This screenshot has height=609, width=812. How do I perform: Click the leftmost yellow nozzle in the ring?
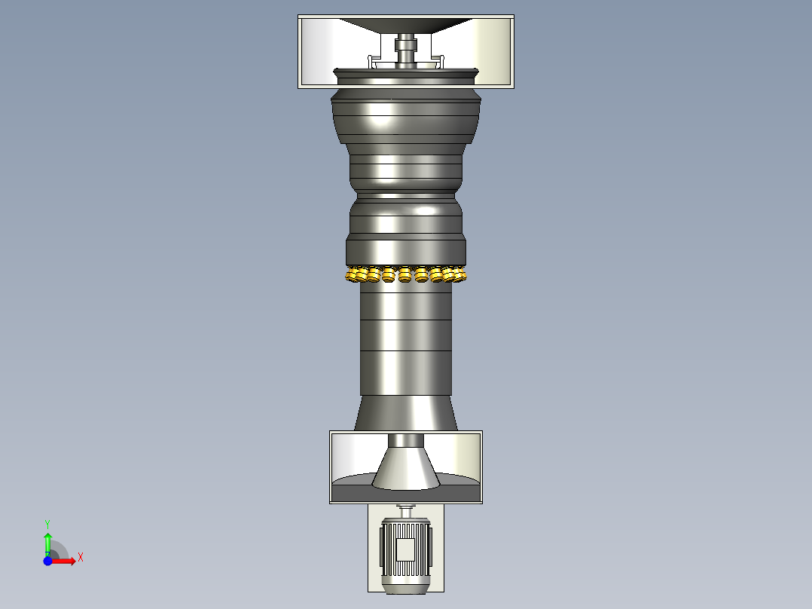[x=352, y=275]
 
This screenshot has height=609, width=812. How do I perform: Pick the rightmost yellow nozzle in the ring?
[x=460, y=275]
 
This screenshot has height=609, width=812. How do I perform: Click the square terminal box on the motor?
[x=405, y=549]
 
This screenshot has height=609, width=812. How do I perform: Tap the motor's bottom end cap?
[x=405, y=587]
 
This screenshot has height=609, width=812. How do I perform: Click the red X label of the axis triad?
[x=81, y=558]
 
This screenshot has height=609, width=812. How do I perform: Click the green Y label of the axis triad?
[x=47, y=523]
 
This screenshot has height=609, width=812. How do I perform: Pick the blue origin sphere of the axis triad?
[x=47, y=561]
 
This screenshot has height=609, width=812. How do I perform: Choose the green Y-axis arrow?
[x=47, y=541]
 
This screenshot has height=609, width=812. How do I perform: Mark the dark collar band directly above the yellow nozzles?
[x=406, y=250]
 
